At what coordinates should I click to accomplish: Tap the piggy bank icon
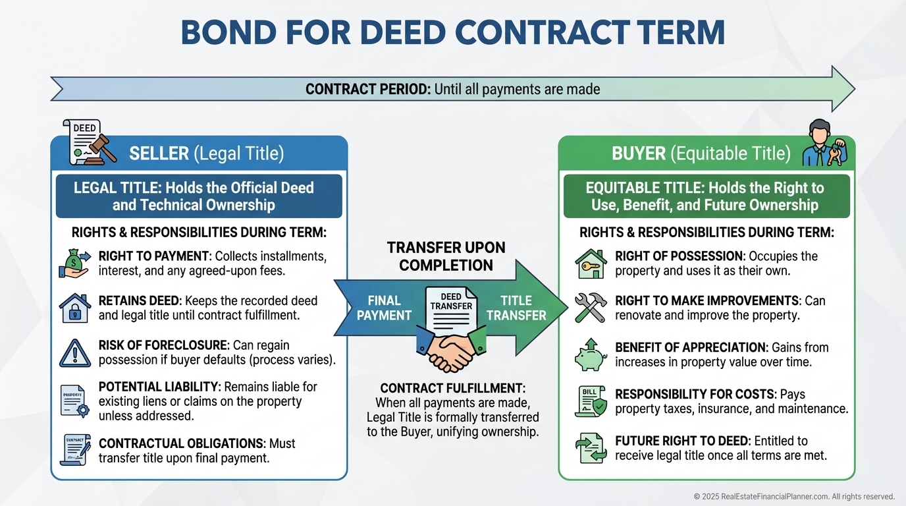pos(590,354)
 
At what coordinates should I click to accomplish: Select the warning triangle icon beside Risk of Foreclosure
pos(75,353)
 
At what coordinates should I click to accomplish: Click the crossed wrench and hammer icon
pos(590,308)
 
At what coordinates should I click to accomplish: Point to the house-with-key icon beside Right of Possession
pos(590,263)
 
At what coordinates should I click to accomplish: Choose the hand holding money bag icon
pos(75,262)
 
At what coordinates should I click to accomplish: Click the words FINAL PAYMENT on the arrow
pos(384,308)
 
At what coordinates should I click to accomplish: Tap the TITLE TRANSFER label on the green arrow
pos(516,308)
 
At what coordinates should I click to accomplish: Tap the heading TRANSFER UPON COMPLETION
pos(446,256)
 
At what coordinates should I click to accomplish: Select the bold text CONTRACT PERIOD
pos(367,88)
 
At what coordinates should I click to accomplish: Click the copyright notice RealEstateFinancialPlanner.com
pos(793,496)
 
